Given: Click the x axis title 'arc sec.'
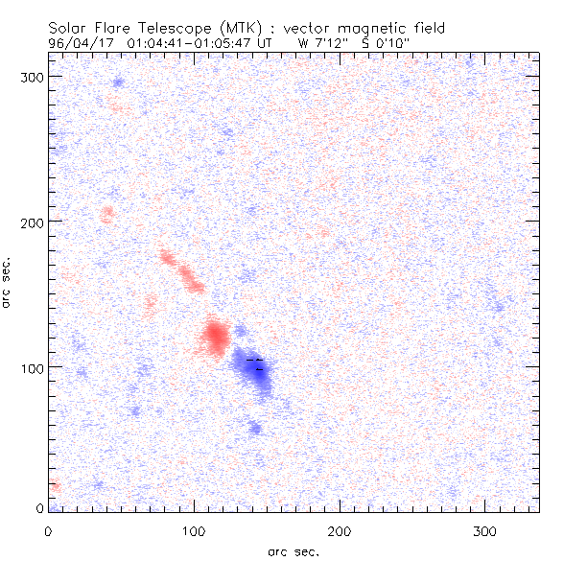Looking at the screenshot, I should point(293,551).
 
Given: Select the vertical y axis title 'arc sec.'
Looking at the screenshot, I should point(7,282).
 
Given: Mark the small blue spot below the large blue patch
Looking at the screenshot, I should point(255,428).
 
